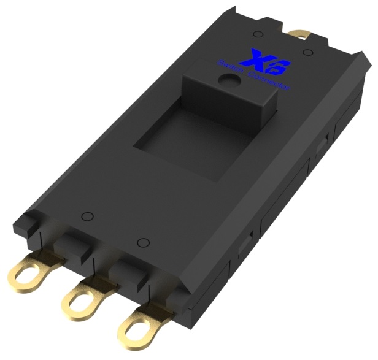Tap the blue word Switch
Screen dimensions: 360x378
point(232,69)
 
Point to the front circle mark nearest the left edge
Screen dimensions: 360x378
point(87,216)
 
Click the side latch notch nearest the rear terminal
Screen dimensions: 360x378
point(320,150)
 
